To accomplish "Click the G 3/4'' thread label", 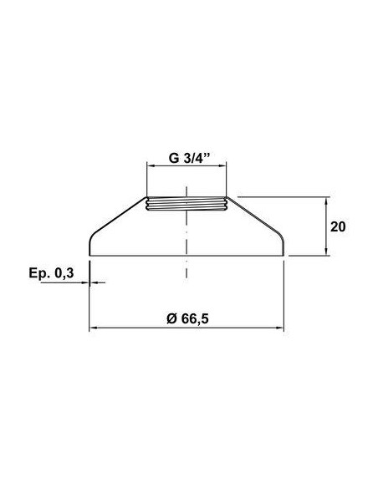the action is click(x=190, y=158).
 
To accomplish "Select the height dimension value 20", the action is click(x=338, y=227).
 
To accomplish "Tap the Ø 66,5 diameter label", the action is click(x=188, y=318).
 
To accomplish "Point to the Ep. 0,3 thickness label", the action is click(x=51, y=273).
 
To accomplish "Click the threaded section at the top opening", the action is click(x=186, y=204).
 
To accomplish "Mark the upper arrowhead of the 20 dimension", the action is click(x=325, y=201).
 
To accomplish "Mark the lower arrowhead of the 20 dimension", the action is click(x=325, y=252).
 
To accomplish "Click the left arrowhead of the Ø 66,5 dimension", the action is click(x=94, y=328).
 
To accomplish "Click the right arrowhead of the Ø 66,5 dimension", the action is click(x=280, y=328).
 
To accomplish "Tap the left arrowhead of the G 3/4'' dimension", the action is click(x=151, y=166).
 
